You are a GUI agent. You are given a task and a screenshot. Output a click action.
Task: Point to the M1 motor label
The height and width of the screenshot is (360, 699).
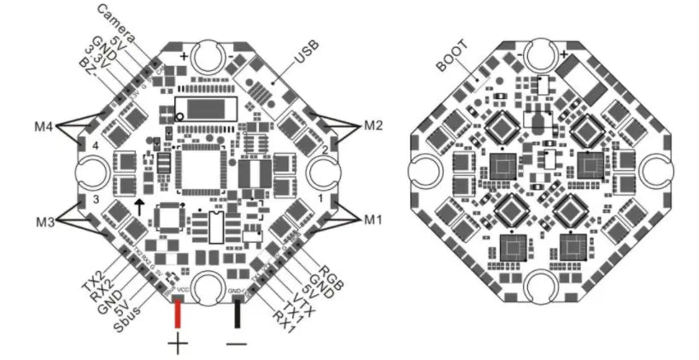coord(372,220)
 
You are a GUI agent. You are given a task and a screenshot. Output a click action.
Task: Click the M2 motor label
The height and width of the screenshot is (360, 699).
coord(372,125)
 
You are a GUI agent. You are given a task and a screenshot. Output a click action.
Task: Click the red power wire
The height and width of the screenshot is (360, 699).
coord(178,314)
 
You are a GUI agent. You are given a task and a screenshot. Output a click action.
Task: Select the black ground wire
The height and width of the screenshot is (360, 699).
coord(237,314)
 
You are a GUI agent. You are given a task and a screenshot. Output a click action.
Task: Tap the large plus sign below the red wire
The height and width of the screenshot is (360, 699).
coord(178,345)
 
